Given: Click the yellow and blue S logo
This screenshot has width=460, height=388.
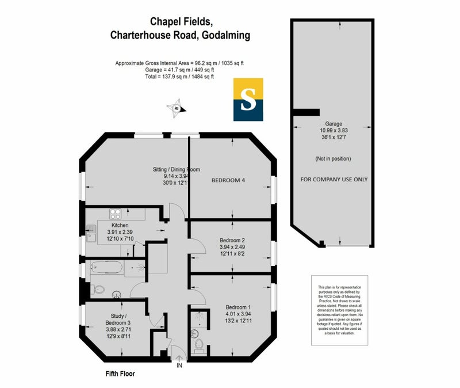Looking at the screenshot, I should click(x=248, y=100).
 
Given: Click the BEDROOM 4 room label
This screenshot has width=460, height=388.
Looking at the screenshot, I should click(x=228, y=180).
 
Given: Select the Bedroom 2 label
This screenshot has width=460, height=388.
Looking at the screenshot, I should click(x=232, y=240).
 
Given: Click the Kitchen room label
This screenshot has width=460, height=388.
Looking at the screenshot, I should click(x=120, y=225).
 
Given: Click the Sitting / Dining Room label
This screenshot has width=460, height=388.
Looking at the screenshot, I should click(x=176, y=169).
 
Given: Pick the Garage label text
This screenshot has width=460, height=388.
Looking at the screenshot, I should click(x=333, y=124).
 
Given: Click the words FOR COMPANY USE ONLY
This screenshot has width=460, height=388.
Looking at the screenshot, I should click(x=334, y=180).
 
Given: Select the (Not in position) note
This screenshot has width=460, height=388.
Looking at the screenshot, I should click(x=333, y=158).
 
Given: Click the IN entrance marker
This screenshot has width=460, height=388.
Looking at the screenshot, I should click(x=179, y=365).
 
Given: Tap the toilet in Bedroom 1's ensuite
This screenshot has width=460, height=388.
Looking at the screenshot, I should click(x=199, y=344).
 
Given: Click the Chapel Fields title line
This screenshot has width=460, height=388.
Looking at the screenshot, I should click(x=182, y=21).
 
